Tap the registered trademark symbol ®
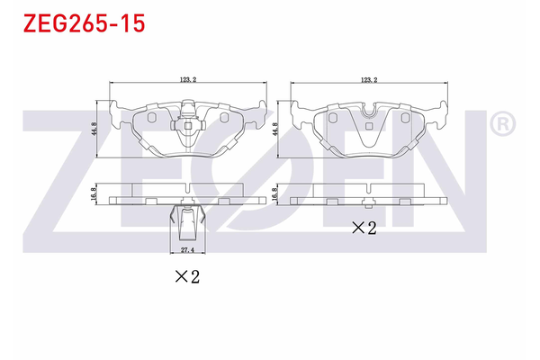(x=502, y=122)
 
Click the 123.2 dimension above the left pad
(x=188, y=81)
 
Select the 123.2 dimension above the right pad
(x=368, y=81)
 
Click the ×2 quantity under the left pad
(x=186, y=277)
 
